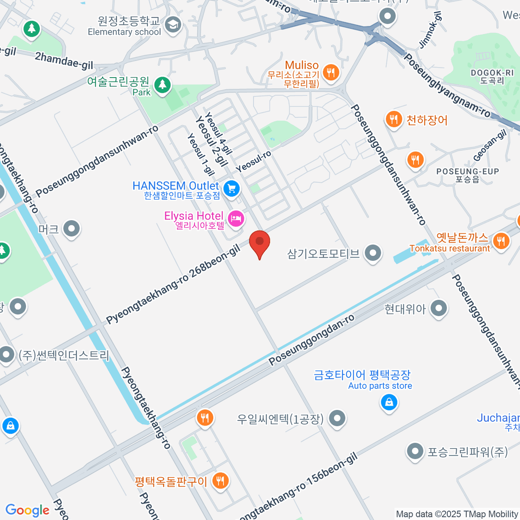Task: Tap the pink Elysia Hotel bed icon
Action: click(236, 218)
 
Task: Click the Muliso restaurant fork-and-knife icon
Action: click(331, 72)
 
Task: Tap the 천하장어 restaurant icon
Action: click(393, 119)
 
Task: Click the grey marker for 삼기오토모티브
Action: click(373, 253)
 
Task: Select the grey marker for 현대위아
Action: click(439, 309)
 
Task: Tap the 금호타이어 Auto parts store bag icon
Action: click(389, 403)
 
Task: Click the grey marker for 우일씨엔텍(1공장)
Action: click(337, 418)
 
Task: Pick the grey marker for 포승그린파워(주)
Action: click(415, 452)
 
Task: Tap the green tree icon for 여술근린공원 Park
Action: click(162, 84)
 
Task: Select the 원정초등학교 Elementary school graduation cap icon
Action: click(173, 24)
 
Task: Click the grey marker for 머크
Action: click(71, 228)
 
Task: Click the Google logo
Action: click(28, 510)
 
